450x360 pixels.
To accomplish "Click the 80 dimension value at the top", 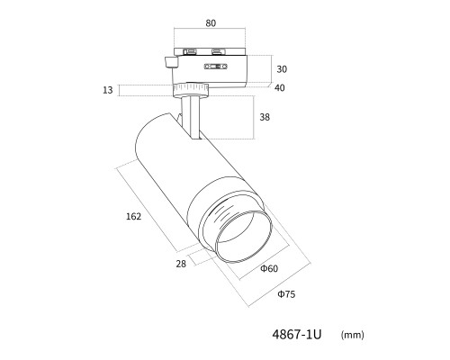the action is pyautogui.click(x=211, y=23).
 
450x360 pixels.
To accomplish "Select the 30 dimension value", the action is pyautogui.click(x=282, y=69).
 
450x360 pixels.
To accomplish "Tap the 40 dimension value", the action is pyautogui.click(x=280, y=88).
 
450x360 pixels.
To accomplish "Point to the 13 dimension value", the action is pyautogui.click(x=108, y=90).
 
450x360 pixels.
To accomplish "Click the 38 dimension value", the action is pyautogui.click(x=265, y=117).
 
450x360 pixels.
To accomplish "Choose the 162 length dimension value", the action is pyautogui.click(x=133, y=216).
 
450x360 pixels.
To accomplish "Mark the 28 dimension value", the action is pyautogui.click(x=181, y=264).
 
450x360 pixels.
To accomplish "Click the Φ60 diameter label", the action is pyautogui.click(x=269, y=268).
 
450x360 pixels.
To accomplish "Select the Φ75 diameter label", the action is pyautogui.click(x=286, y=294).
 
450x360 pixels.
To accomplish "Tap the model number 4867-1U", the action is pyautogui.click(x=297, y=334).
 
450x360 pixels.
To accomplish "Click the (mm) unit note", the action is pyautogui.click(x=353, y=335).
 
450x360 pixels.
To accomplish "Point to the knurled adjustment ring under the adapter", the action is pyautogui.click(x=191, y=90).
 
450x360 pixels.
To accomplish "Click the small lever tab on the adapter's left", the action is pyautogui.click(x=171, y=62).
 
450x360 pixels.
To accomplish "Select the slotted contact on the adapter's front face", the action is pyautogui.click(x=216, y=67).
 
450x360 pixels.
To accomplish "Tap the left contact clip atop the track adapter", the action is pyautogui.click(x=189, y=51).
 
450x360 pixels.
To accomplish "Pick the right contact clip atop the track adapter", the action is pyautogui.click(x=218, y=51).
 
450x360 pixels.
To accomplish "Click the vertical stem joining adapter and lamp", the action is pyautogui.click(x=190, y=117).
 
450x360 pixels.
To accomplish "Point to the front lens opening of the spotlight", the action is pyautogui.click(x=243, y=237).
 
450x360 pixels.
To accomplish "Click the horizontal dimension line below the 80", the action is pyautogui.click(x=210, y=29).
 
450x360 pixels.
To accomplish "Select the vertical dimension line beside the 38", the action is pyautogui.click(x=255, y=117).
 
